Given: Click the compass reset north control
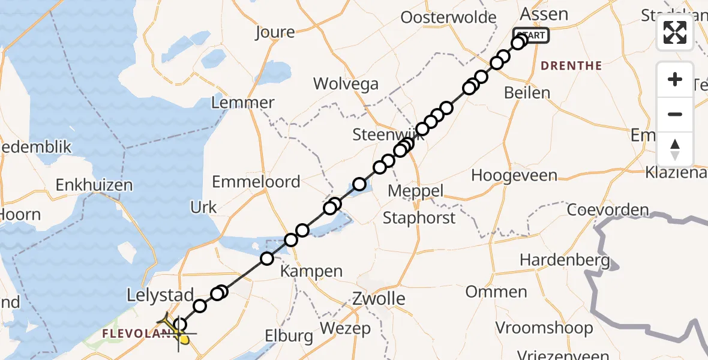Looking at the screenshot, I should (x=675, y=149).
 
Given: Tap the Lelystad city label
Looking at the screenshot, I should (x=160, y=295).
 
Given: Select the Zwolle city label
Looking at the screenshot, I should (x=379, y=298).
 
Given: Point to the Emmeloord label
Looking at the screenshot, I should (x=256, y=181).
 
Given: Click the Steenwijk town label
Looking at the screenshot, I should (x=384, y=134).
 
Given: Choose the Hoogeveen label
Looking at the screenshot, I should (x=514, y=175).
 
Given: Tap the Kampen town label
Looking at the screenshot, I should (x=312, y=271).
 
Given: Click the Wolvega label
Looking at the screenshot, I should (x=346, y=83).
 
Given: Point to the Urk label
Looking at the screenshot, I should (x=203, y=207).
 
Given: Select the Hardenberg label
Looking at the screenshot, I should (x=565, y=260).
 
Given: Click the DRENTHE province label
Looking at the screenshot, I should (x=572, y=66).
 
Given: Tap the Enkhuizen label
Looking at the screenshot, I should (x=94, y=185).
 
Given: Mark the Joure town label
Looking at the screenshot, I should (x=275, y=32).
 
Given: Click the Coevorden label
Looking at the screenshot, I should (x=608, y=211).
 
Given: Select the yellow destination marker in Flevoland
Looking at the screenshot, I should (x=184, y=340).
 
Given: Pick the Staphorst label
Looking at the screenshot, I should (x=419, y=217).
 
